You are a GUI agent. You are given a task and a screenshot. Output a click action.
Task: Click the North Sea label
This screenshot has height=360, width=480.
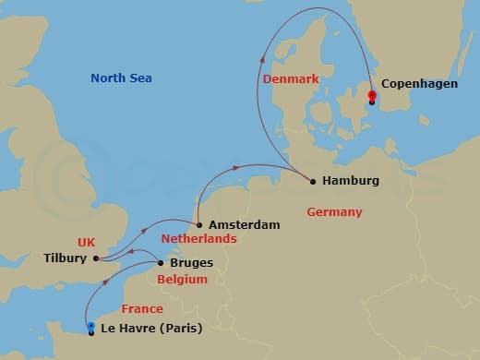point(121,78)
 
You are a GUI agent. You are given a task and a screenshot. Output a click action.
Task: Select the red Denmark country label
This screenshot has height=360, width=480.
point(291,79)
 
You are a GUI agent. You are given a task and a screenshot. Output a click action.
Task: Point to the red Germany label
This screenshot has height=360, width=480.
point(334,212)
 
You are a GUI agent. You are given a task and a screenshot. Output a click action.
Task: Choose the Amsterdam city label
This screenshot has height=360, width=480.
point(243,224)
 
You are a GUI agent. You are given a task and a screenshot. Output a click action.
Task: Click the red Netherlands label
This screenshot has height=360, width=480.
point(199,239)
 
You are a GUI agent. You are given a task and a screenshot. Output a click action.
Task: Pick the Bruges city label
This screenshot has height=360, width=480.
point(192,263)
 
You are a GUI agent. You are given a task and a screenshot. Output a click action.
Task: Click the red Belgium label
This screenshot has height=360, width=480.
point(181,279)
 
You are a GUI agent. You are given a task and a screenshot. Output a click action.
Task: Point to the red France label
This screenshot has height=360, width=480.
point(142,309)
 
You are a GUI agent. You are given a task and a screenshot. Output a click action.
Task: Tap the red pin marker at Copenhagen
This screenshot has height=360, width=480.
point(371,96)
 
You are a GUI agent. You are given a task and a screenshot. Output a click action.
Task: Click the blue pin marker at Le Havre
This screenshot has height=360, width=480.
point(90,328)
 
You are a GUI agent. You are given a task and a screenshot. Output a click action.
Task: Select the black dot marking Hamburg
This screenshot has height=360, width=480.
point(313,181)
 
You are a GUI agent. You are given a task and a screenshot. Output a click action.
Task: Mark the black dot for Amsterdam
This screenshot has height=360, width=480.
point(199,224)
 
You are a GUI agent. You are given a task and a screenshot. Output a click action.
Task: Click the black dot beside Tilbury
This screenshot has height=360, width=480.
point(95,258)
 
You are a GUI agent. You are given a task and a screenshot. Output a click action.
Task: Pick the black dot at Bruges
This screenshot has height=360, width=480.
point(161,263)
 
